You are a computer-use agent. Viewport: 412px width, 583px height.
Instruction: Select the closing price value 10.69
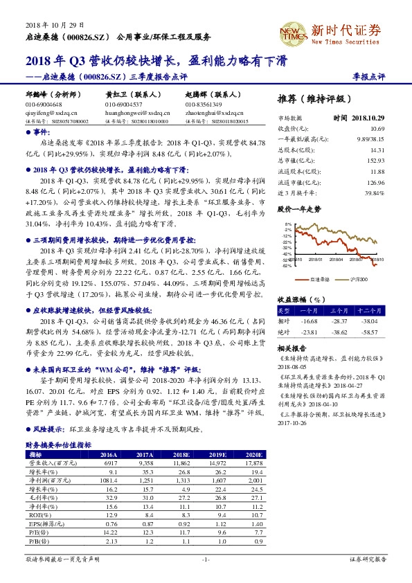(x=377, y=129)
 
